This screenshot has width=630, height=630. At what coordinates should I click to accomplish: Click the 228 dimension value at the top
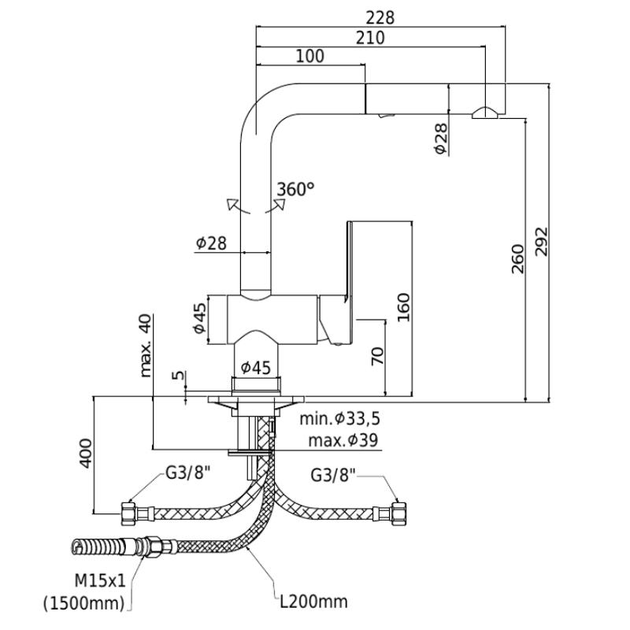(x=380, y=18)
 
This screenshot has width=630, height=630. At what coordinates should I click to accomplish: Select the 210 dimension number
(x=370, y=38)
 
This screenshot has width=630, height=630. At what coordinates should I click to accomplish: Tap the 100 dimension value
(x=309, y=56)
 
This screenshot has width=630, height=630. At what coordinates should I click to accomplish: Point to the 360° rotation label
(x=295, y=189)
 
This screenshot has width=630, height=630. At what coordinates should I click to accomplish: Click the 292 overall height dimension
(x=541, y=242)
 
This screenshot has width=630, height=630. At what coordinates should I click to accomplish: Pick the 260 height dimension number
(x=518, y=259)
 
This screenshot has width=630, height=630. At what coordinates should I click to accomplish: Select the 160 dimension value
(x=403, y=307)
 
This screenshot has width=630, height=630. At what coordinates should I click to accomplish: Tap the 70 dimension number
(x=377, y=356)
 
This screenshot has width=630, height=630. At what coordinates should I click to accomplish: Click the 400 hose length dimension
(x=85, y=454)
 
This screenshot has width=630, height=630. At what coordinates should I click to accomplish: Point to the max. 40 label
(x=145, y=346)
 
